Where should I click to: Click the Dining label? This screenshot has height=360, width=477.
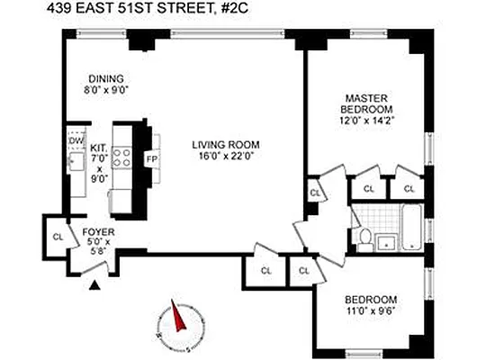click(x=105, y=77)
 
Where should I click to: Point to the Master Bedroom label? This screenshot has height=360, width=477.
click(x=366, y=103)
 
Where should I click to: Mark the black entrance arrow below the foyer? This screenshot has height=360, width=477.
click(x=94, y=286)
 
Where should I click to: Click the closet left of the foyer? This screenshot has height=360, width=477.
click(x=57, y=237)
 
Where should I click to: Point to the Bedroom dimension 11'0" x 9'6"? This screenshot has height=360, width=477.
click(x=372, y=311)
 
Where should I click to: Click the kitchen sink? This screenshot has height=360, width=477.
click(x=76, y=163)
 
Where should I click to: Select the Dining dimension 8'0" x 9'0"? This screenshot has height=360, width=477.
click(x=105, y=90)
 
